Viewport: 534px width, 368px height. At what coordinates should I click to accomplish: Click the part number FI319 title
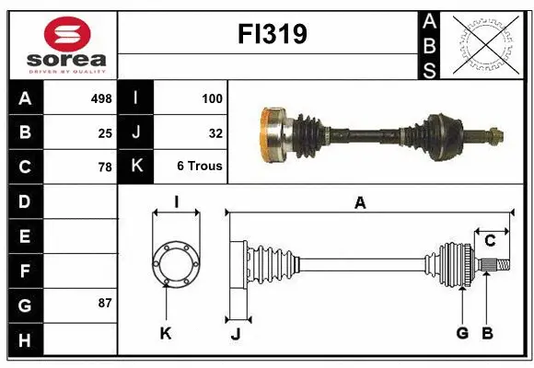268,35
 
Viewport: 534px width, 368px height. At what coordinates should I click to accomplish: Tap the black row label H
24,339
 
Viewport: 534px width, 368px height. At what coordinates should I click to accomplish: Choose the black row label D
24,201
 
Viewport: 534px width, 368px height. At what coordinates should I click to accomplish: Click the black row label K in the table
135,167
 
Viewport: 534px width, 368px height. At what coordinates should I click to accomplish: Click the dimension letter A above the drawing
360,203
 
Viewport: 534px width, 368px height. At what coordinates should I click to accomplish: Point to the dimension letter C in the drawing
490,241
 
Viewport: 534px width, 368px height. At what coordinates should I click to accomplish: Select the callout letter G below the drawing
462,333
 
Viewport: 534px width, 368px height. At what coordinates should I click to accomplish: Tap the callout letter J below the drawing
235,334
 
